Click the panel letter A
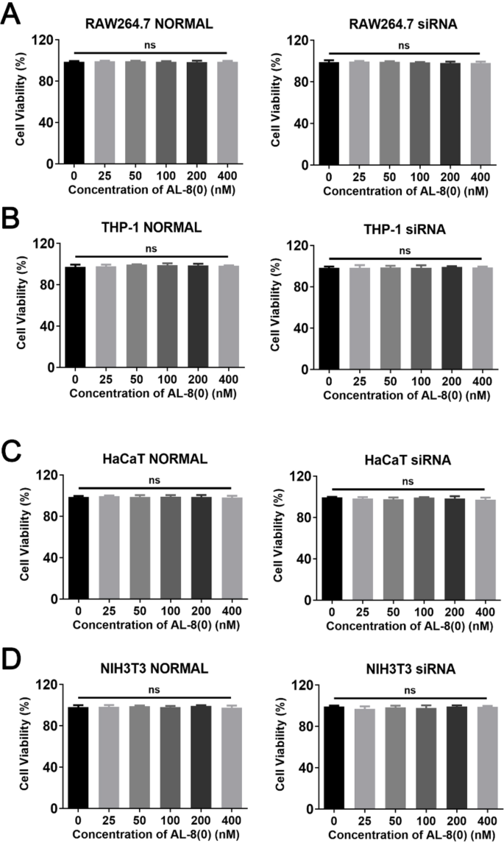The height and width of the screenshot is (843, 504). (13, 15)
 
